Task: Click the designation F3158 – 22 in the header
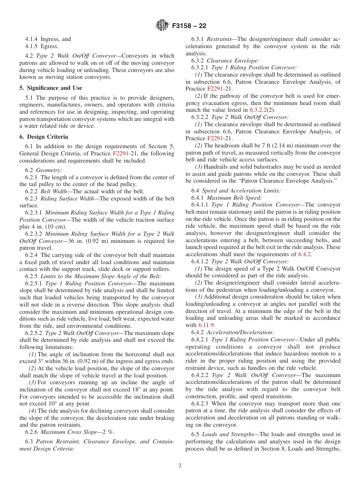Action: point(189,26)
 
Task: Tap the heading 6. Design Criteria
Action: point(44,137)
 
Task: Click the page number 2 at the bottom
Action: point(180,466)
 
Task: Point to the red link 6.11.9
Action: point(207,325)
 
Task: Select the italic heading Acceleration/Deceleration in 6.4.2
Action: point(240,332)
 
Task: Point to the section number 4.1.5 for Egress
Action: point(32,46)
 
